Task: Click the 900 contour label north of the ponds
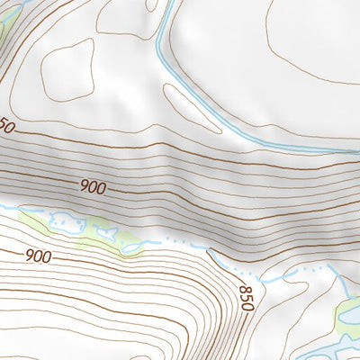(x=92, y=187)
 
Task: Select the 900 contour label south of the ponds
(x=38, y=256)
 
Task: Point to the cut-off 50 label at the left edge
(x=6, y=128)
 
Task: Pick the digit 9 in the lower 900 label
(x=29, y=256)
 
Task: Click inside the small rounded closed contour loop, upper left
(x=68, y=68)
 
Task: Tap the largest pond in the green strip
(x=65, y=220)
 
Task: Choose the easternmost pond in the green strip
(x=132, y=248)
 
